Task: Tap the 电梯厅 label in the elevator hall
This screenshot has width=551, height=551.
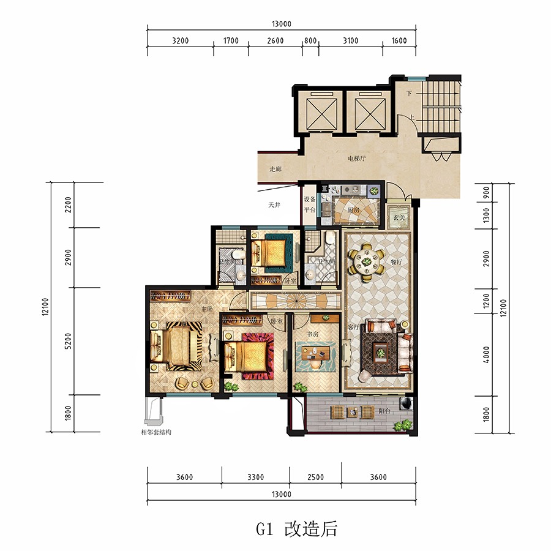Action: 358,159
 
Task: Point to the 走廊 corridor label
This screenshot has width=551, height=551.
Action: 275,169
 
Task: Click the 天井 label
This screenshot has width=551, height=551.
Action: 274,205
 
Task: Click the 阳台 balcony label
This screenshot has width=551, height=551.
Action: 384,412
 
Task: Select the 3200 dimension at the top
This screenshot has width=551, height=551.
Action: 181,42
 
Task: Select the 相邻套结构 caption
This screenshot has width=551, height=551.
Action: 156,432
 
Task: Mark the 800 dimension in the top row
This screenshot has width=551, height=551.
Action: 310,42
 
